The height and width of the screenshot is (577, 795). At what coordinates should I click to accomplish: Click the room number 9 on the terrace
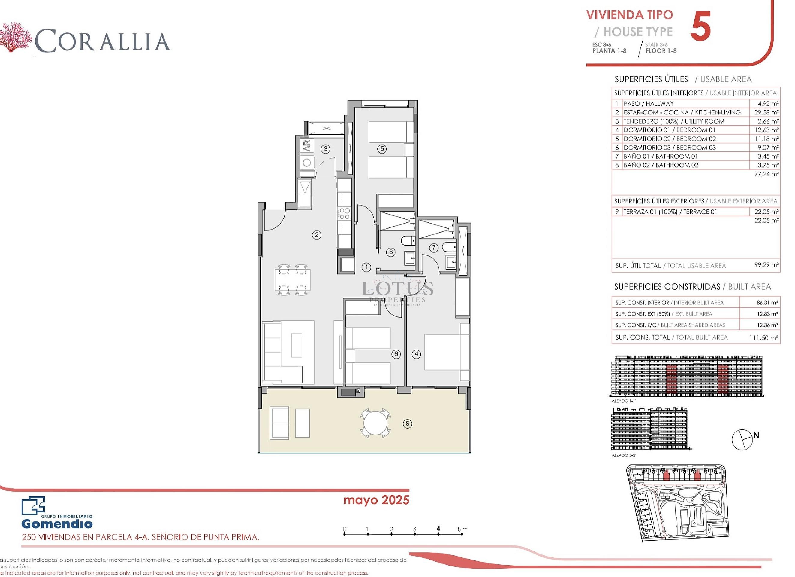(407, 424)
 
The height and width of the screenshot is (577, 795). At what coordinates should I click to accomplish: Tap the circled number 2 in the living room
(317, 235)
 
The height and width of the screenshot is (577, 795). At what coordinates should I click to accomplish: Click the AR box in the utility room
(307, 145)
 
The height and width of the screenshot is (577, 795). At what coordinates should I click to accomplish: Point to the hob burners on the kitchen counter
(344, 213)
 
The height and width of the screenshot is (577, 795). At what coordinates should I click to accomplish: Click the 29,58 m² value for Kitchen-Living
(766, 112)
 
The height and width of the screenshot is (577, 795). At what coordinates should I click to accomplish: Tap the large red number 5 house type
(700, 26)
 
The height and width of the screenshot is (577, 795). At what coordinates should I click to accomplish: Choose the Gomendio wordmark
(57, 524)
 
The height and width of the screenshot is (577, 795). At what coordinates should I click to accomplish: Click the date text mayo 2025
(376, 500)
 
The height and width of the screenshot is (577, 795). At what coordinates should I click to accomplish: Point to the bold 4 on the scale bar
(438, 529)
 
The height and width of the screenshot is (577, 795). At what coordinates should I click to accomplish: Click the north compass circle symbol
(742, 439)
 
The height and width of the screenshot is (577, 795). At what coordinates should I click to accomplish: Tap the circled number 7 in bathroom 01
(434, 248)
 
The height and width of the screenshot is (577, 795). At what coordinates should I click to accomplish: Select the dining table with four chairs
(292, 280)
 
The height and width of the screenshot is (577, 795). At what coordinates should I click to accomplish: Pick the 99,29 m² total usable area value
(766, 265)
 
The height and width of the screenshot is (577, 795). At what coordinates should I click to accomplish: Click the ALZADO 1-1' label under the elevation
(624, 401)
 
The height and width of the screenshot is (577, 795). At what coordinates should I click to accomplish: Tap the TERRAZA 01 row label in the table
(670, 212)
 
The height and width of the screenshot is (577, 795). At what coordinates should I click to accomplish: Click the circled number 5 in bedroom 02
(382, 149)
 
